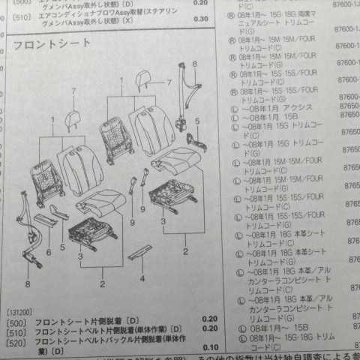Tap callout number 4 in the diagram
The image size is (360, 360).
pos(142,278)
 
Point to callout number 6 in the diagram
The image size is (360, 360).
pos(49,253)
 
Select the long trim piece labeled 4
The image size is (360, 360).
pos(139,253)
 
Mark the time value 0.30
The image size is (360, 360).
pos(200,18)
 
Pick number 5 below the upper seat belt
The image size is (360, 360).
pos(198,121)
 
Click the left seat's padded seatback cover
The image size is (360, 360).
pos(81,171)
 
